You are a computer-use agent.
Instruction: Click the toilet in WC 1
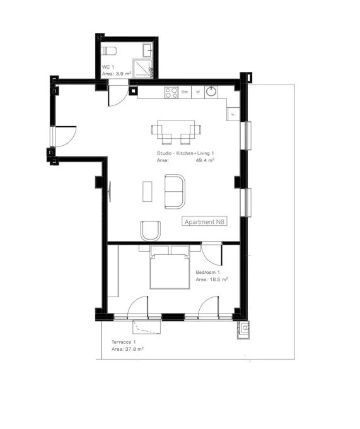click(108, 51)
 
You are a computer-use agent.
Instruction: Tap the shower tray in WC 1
click(142, 68)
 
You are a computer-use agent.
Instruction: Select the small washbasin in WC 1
click(148, 50)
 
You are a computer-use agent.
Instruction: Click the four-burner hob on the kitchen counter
click(171, 92)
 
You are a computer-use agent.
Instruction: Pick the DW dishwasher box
click(185, 92)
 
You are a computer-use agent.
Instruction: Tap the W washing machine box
click(198, 92)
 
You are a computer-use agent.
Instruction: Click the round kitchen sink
click(211, 91)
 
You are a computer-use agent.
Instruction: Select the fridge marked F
click(233, 114)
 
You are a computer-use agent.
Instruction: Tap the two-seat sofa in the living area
click(175, 192)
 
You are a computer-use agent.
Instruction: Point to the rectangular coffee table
click(148, 192)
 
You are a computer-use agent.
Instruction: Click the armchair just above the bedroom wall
click(150, 231)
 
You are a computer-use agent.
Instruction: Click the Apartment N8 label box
click(204, 221)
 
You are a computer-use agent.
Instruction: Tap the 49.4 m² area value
click(205, 160)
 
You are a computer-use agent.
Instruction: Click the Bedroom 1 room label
click(208, 273)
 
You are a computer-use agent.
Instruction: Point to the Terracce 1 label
click(124, 342)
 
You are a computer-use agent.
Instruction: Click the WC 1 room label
click(108, 67)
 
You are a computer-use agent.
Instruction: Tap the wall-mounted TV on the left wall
click(110, 192)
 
